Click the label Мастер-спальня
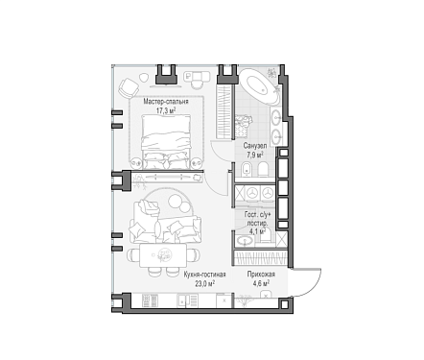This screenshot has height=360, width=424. (166, 102)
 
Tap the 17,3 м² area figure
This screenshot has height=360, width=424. (166, 111)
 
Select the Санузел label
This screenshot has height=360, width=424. (255, 146)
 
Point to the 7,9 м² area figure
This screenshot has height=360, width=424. (255, 156)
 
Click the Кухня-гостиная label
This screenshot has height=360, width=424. (205, 275)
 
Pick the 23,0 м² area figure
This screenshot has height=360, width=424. (205, 283)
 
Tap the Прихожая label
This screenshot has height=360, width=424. (261, 275)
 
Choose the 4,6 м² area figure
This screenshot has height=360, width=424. (261, 283)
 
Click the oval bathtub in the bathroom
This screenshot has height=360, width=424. (259, 86)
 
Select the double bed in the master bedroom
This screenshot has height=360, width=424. (166, 141)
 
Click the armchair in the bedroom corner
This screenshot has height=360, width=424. (129, 88)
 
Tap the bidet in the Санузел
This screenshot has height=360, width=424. (247, 169)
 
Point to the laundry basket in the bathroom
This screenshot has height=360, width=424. (243, 125)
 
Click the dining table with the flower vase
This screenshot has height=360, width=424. (163, 255)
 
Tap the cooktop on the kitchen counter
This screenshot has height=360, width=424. (150, 300)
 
